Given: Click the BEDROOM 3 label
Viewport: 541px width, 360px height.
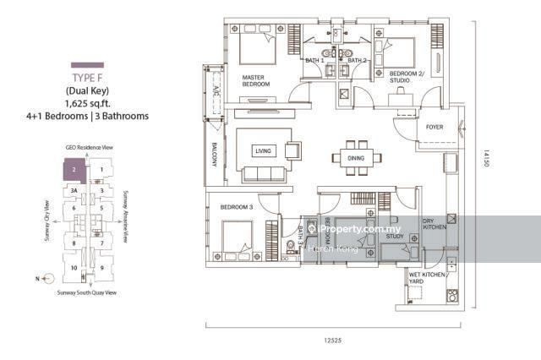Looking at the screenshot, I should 238,207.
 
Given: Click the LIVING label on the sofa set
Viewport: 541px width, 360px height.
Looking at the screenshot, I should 263,151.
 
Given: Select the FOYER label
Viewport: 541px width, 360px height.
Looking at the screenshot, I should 434,128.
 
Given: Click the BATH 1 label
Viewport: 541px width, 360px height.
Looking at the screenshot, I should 314,61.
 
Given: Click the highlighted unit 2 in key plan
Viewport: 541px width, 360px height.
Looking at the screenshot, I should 75,170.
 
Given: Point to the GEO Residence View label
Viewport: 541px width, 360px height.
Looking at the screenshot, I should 89,147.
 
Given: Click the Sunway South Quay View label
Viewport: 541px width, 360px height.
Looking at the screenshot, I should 88,292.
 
